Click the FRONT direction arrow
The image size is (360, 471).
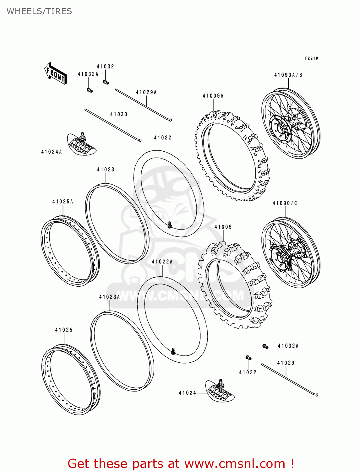[x=56, y=73]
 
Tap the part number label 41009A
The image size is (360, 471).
[x=213, y=96]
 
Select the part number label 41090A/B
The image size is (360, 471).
[x=288, y=75]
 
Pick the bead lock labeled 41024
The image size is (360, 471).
[x=220, y=391]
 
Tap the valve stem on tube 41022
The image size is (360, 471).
[x=170, y=225]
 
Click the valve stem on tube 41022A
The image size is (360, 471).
[x=173, y=351]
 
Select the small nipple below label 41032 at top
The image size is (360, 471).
[x=106, y=82]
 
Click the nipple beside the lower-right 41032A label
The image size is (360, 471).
[x=265, y=346]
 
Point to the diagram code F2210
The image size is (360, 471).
[x=312, y=58]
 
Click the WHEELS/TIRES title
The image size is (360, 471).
[x=39, y=11]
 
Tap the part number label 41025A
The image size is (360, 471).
[x=63, y=202]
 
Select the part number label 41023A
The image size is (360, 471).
[x=109, y=297]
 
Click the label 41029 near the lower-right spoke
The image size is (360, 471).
[x=286, y=363]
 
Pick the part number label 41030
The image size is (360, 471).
[x=119, y=114]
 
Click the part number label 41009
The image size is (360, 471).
[x=223, y=227]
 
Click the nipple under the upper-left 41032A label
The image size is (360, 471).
[x=90, y=90]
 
